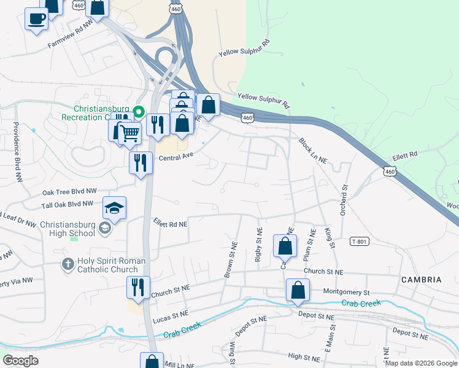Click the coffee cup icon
[36, 18]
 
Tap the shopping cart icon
[129, 132]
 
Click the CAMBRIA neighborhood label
[421, 280]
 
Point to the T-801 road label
[361, 241]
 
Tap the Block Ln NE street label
[312, 151]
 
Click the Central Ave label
[176, 156]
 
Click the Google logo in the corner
[21, 361]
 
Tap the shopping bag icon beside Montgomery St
[298, 289]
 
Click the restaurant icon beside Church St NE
[138, 286]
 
